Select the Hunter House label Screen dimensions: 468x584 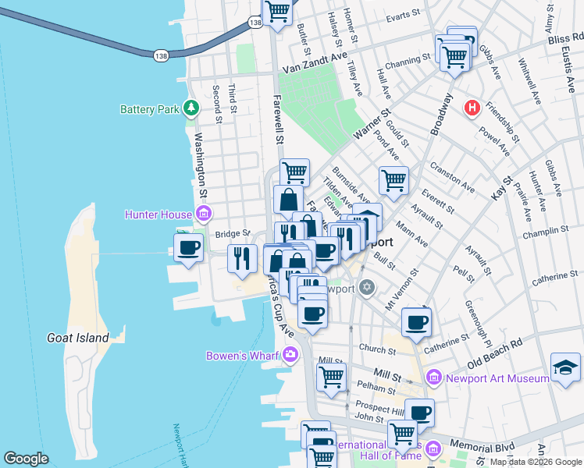pyautogui.click(x=160, y=214)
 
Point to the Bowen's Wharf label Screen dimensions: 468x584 pyautogui.click(x=243, y=356)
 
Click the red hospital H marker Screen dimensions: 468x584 pyautogui.click(x=472, y=108)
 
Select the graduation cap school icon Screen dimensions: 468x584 pyautogui.click(x=565, y=370)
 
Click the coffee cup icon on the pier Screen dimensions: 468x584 pyautogui.click(x=187, y=249)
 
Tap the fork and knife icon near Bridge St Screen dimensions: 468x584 pyautogui.click(x=242, y=258)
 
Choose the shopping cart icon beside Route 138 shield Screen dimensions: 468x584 pyautogui.click(x=278, y=12)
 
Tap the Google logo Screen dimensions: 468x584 pyautogui.click(x=27, y=459)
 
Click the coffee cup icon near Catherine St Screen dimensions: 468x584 pyautogui.click(x=417, y=321)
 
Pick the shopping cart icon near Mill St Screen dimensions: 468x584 pyautogui.click(x=331, y=378)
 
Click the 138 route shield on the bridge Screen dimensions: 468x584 pyautogui.click(x=161, y=55)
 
